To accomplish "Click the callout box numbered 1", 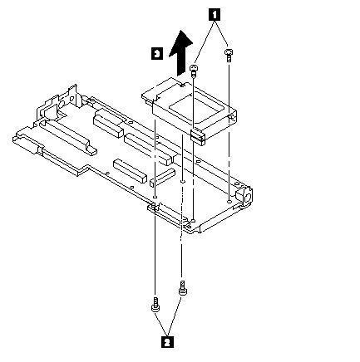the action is coord(215,14).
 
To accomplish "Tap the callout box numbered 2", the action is coord(166,342).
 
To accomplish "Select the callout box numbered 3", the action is coord(157,53).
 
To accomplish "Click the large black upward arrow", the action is coord(180,52).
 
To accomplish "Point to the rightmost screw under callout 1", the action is coord(228,55).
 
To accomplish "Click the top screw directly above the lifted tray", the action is coord(194,71).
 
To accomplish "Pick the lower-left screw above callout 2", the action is coord(155,305).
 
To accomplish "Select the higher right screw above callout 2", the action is coord(182,289).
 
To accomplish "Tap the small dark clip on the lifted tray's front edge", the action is coord(198,136).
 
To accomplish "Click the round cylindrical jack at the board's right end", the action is coord(244,196).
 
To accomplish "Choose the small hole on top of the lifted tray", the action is coord(182,85).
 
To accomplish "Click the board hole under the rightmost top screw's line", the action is coord(229,201).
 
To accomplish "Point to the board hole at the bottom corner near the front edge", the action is coord(194,221).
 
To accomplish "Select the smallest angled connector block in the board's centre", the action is coord(162,177).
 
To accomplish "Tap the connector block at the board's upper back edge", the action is coord(108,124).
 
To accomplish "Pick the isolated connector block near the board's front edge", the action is coord(130,171).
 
